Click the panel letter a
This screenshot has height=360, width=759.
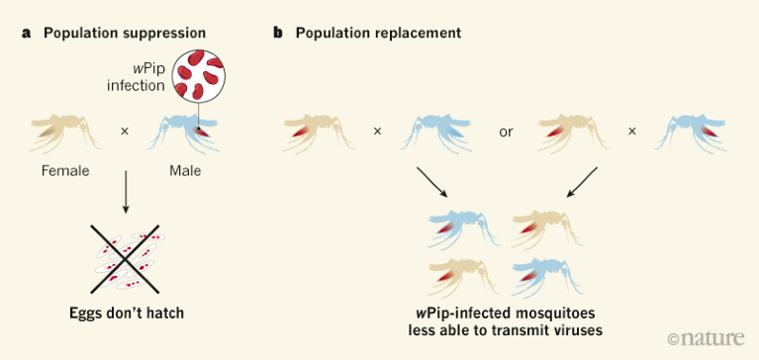(26, 33)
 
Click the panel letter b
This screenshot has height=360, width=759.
(278, 33)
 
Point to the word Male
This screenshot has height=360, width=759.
(185, 170)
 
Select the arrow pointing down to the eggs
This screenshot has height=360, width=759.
(126, 194)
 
